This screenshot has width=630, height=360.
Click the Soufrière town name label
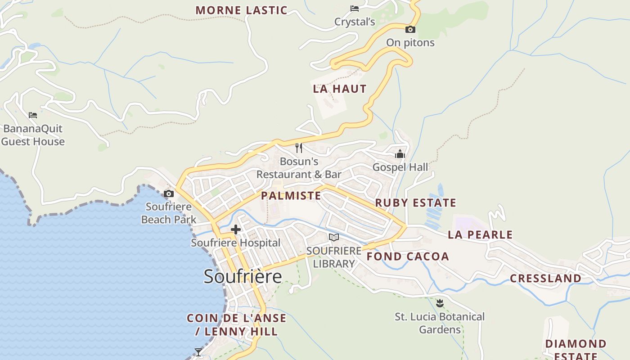pyautogui.click(x=243, y=276)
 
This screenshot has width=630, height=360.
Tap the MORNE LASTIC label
pyautogui.click(x=241, y=10)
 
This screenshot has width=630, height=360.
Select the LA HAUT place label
pyautogui.click(x=340, y=89)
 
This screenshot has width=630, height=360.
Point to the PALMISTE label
pyautogui.click(x=291, y=195)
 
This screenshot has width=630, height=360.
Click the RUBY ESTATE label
pyautogui.click(x=415, y=202)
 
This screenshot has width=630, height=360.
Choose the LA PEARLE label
pyautogui.click(x=480, y=234)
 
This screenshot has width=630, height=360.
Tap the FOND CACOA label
pyautogui.click(x=408, y=256)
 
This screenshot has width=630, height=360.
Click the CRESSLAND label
pyautogui.click(x=545, y=278)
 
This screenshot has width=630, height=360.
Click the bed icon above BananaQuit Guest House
pyautogui.click(x=33, y=115)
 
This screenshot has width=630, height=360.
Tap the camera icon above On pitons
pyautogui.click(x=410, y=30)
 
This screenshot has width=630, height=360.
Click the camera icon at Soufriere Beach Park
pyautogui.click(x=169, y=194)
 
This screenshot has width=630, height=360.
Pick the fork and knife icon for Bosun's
pyautogui.click(x=299, y=148)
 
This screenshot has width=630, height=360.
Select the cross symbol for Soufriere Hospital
pyautogui.click(x=235, y=230)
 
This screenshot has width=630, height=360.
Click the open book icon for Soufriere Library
pyautogui.click(x=333, y=237)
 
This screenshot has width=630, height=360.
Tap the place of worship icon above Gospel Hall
pyautogui.click(x=400, y=154)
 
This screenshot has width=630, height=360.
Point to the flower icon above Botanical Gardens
pyautogui.click(x=440, y=303)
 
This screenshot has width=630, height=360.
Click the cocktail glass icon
pyautogui.click(x=198, y=351)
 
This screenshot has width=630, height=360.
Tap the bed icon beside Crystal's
pyautogui.click(x=355, y=8)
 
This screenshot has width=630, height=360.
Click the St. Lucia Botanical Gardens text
pyautogui.click(x=440, y=323)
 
